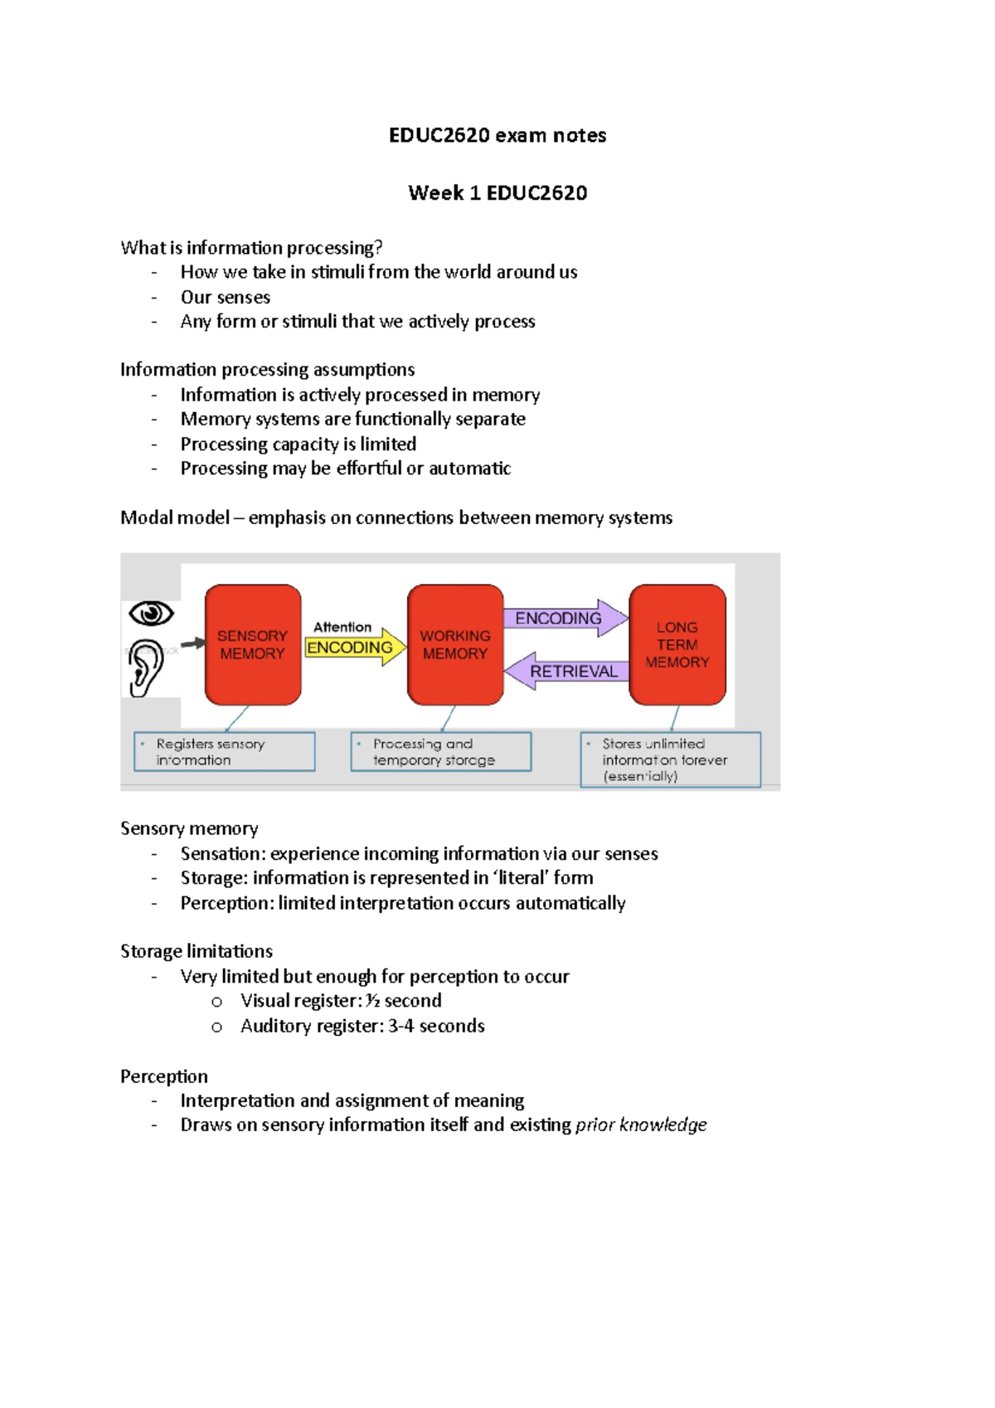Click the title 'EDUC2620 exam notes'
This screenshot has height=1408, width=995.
click(x=498, y=135)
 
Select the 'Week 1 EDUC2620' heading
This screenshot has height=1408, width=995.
click(x=498, y=193)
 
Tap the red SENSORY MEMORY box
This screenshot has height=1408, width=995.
click(x=253, y=644)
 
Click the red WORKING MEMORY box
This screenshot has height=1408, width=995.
click(x=455, y=644)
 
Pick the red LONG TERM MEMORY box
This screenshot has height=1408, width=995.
click(x=677, y=644)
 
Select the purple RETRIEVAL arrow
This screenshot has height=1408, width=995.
click(x=569, y=671)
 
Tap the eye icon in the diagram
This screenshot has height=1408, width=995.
click(x=151, y=614)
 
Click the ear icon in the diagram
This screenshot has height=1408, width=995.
click(x=146, y=668)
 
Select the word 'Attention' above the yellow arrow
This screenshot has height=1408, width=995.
click(x=342, y=627)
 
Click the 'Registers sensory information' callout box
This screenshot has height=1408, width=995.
click(x=225, y=751)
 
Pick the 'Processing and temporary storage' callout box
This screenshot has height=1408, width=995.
click(x=440, y=751)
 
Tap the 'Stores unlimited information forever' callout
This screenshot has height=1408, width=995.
click(x=670, y=759)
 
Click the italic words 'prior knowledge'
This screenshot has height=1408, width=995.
click(x=641, y=1124)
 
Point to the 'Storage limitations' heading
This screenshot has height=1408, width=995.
click(x=197, y=951)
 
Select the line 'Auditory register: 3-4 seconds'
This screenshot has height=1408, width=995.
click(x=362, y=1026)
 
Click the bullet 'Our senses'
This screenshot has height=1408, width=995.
click(x=226, y=297)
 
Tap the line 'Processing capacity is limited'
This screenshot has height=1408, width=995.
click(x=298, y=444)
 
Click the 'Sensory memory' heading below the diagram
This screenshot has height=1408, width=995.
click(x=189, y=828)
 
